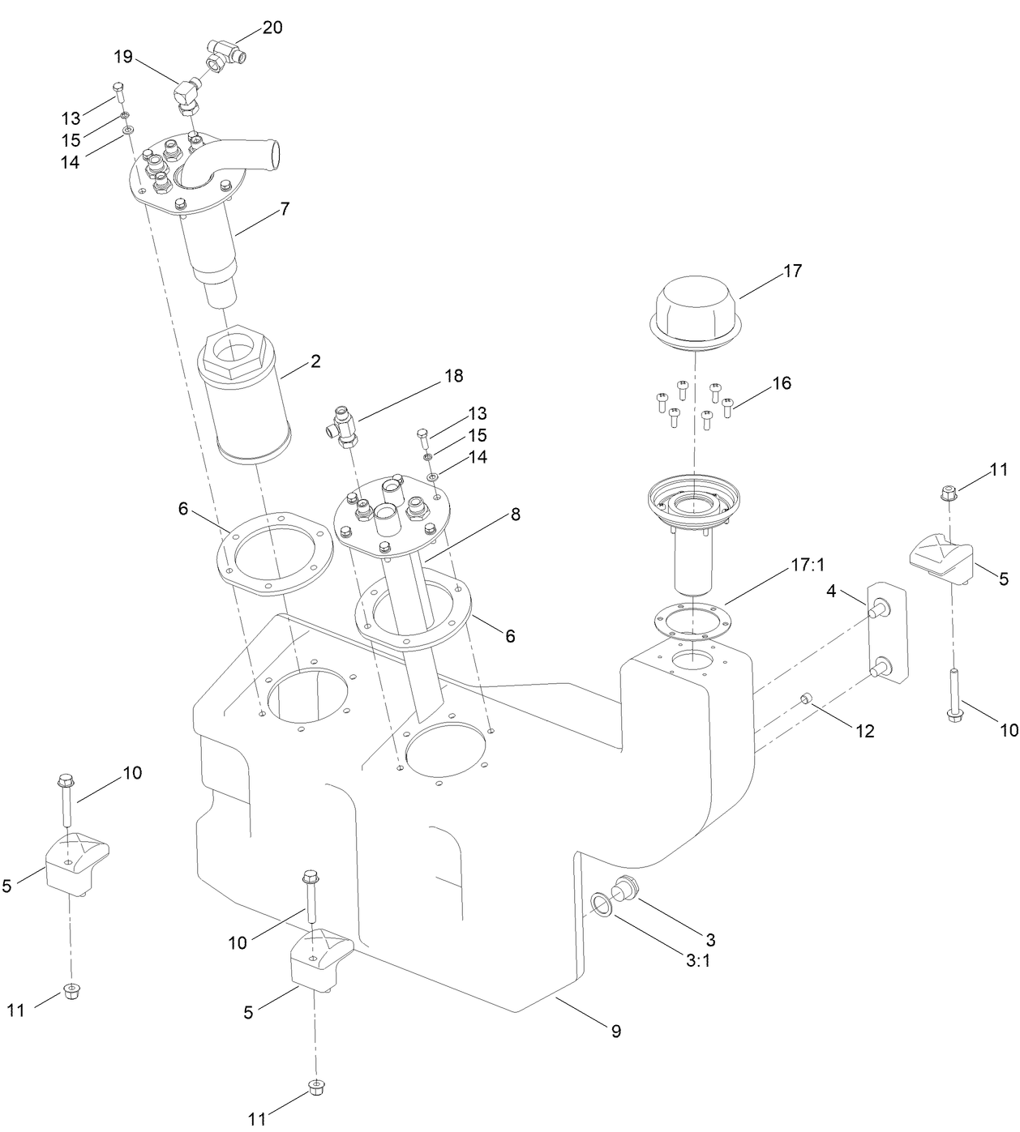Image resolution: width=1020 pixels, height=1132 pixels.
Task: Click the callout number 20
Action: click(x=272, y=28)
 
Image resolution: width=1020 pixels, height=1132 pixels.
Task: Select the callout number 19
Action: click(x=122, y=57)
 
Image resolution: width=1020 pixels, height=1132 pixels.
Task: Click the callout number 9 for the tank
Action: click(x=616, y=1032)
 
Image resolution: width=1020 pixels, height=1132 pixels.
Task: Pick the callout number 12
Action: click(x=865, y=731)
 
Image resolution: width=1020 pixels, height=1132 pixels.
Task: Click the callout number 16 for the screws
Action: click(x=781, y=382)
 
